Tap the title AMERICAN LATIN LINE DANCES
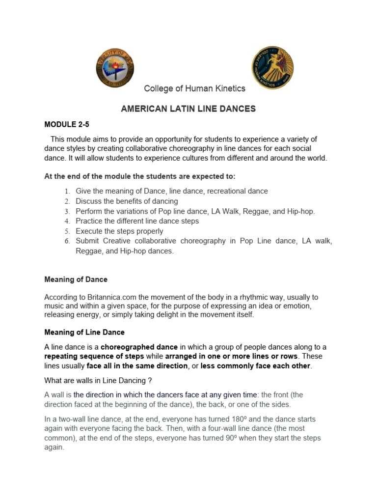188,109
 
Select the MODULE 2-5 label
67,125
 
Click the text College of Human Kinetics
194,88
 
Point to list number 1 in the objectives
68,191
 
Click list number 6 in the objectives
68,241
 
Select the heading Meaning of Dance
76,279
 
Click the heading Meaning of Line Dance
84,332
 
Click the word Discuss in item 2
88,201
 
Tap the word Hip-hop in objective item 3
300,211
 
